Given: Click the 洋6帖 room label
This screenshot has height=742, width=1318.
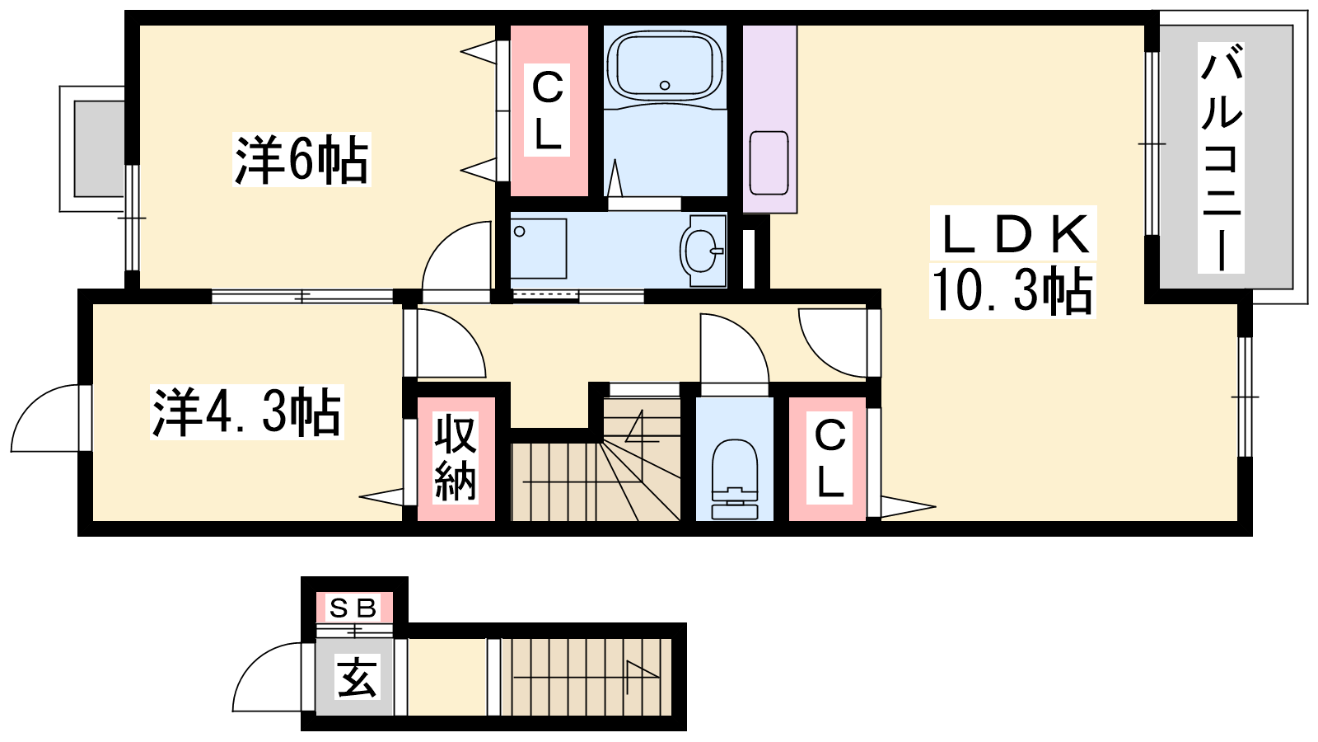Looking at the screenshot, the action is click(301, 159).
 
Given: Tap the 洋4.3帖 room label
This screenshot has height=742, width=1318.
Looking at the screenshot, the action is click(246, 411).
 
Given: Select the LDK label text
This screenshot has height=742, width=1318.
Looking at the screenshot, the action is click(1013, 234).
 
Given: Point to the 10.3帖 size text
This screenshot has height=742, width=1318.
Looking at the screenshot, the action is click(1012, 289).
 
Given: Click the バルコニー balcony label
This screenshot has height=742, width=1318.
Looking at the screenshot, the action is click(1221, 157).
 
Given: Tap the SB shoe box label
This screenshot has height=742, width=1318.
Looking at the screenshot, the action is click(353, 608).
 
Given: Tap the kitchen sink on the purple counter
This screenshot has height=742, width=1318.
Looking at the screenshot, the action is click(769, 162).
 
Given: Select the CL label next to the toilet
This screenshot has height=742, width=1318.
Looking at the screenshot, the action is click(830, 459).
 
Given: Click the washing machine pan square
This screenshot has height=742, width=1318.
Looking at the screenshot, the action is click(539, 248).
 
